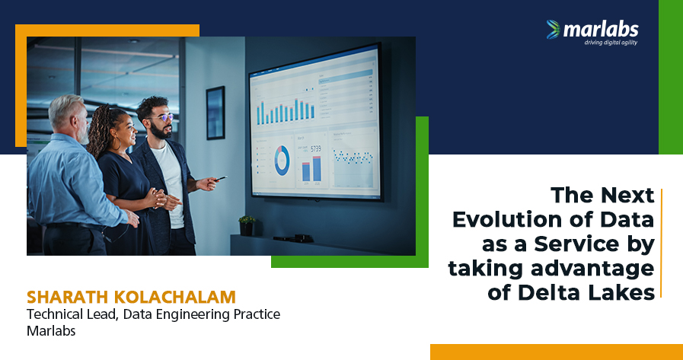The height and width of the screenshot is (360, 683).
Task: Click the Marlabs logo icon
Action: [x=554, y=29]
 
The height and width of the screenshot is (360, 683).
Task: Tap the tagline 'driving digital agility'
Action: [x=611, y=43]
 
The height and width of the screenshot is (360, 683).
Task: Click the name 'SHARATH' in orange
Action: [x=68, y=297]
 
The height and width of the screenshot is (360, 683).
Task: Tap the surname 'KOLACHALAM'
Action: [x=174, y=297]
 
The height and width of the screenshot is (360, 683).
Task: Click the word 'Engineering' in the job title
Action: [x=193, y=315]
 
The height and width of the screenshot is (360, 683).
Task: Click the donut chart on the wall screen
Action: [x=282, y=161]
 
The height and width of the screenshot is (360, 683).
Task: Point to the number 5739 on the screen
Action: [x=316, y=149]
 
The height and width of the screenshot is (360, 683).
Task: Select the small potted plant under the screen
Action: [x=247, y=225]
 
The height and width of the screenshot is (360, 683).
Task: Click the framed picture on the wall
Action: [x=215, y=113]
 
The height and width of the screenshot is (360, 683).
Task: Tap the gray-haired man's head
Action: [x=68, y=116]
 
